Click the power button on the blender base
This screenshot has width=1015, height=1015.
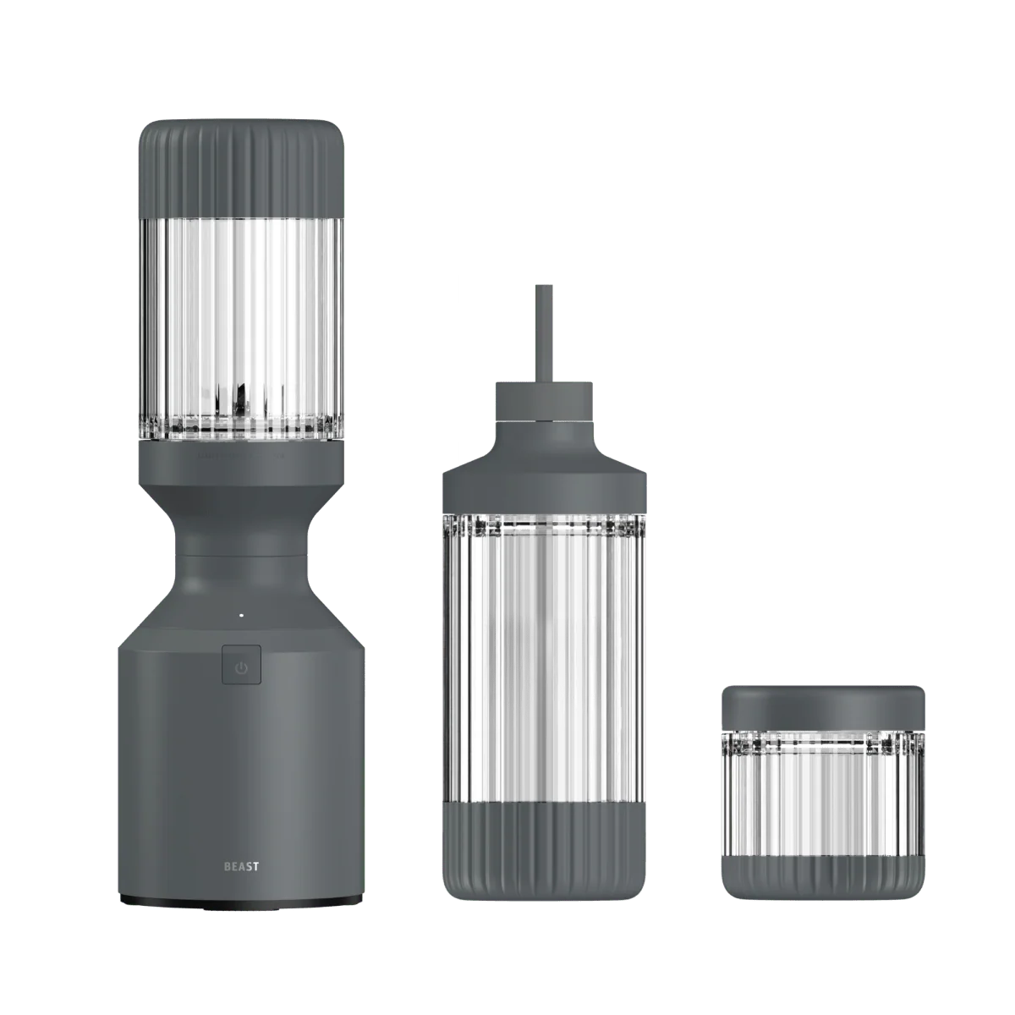pyautogui.click(x=241, y=666)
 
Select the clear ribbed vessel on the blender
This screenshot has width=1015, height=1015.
pyautogui.click(x=242, y=321)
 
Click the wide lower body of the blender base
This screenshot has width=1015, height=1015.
pyautogui.click(x=242, y=761)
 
